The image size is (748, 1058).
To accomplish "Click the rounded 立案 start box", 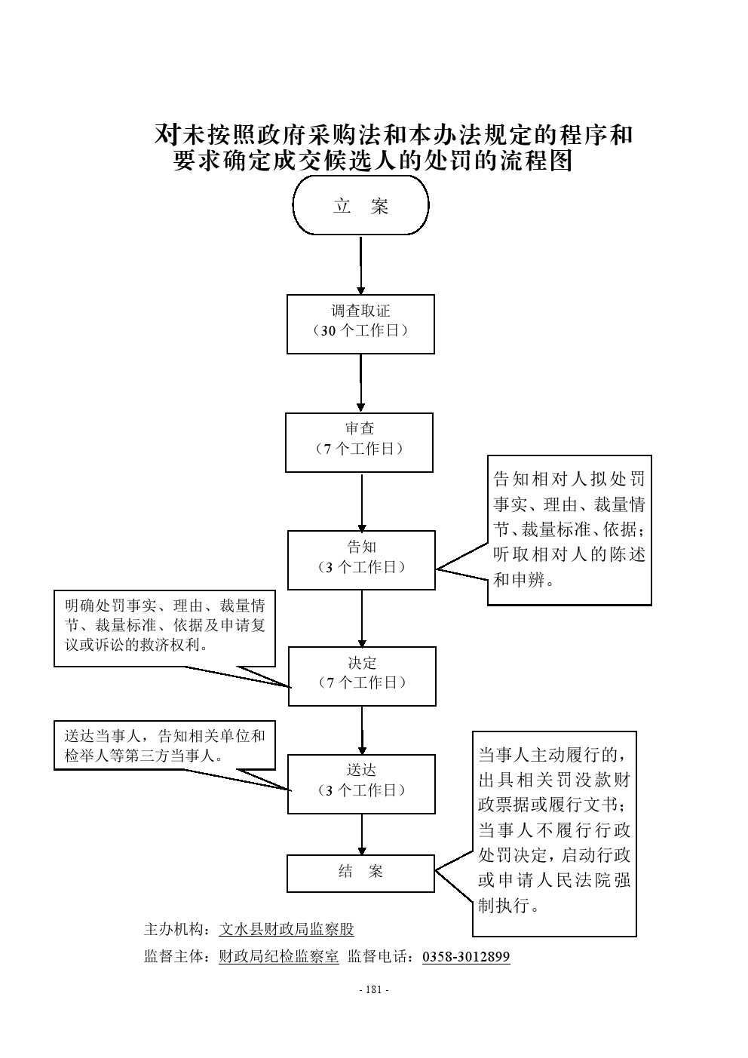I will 360,206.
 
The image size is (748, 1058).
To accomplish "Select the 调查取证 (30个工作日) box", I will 360,324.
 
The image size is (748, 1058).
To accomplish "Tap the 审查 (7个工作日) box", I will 360,442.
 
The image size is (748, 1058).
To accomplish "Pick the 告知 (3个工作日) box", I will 361,560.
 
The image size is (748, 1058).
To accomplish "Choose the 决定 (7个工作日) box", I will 362,676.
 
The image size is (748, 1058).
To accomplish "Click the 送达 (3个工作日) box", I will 362,784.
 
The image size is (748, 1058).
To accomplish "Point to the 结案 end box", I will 360,872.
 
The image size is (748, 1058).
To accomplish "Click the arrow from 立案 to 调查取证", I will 361,265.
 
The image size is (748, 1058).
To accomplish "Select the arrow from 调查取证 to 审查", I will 360,383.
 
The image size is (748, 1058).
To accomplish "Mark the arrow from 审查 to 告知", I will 362,501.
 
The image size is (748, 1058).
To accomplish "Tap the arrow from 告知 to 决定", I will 362,618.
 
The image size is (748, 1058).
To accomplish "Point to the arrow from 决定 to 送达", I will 362,730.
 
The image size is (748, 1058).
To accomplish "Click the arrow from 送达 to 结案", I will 362,834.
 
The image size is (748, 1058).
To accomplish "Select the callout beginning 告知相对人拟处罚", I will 569,529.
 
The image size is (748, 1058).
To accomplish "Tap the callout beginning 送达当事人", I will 164,745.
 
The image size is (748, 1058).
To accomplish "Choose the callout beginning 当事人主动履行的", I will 554,833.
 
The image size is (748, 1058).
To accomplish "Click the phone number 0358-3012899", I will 465,957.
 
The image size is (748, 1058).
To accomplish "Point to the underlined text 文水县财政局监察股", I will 286,929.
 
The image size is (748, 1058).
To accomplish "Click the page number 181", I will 374,990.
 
